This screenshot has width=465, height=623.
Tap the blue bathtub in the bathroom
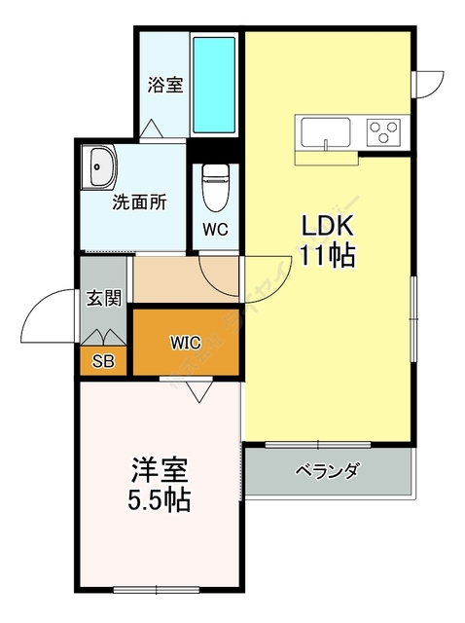[x=214, y=86]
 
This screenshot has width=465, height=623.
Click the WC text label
[x=215, y=230]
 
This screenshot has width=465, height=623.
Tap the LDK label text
[x=329, y=226]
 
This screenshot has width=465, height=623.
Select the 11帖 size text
[x=329, y=256]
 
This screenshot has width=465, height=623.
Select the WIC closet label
[x=185, y=343]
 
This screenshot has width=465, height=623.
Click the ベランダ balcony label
[x=328, y=471]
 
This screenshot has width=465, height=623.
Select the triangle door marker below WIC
[x=200, y=390]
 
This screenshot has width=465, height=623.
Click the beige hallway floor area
[x=170, y=281]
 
